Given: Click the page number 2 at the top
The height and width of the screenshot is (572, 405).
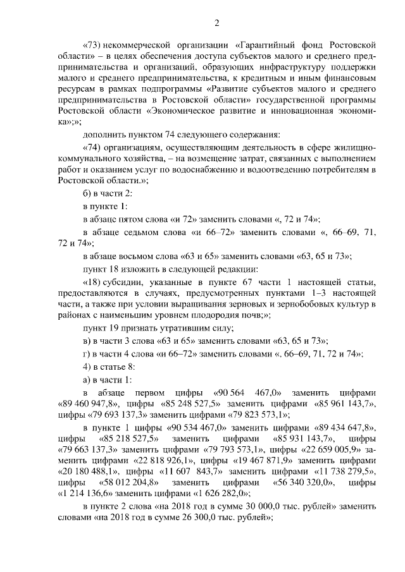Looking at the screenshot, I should tap(216, 24).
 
